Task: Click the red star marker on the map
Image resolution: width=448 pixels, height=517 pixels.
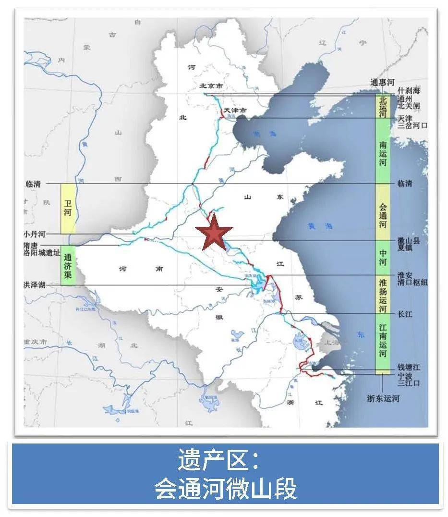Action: point(214,232)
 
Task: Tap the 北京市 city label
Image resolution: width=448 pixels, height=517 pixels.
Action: point(212,86)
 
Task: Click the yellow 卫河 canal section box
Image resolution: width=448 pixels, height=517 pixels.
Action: point(68,208)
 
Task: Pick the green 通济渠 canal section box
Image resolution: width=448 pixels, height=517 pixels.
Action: point(68,265)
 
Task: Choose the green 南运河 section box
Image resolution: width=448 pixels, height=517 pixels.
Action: point(383,151)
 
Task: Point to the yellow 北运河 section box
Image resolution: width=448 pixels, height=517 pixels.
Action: point(383,106)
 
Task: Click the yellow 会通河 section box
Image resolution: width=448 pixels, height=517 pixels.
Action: point(383,212)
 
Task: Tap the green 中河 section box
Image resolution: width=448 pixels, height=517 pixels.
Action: point(383,257)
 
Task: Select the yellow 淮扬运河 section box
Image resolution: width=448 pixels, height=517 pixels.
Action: point(383,294)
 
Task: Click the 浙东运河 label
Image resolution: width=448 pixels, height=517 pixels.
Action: point(383,399)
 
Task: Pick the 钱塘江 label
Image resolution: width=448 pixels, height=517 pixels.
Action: point(409,367)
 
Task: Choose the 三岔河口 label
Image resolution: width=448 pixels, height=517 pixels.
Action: point(412,125)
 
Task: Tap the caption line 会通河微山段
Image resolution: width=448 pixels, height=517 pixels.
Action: point(225,489)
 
